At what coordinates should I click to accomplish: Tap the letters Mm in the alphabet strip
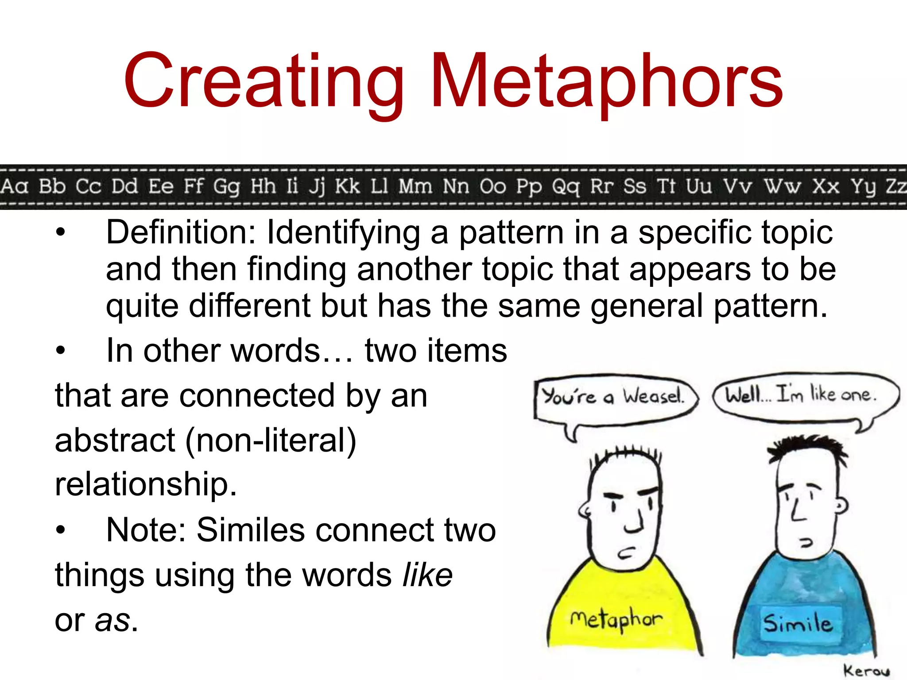point(415,186)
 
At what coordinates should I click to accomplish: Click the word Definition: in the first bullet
point(181,232)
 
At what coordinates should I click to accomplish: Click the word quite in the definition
point(142,306)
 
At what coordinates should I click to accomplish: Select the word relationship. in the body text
point(146,484)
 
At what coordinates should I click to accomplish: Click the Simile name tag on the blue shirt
point(798,623)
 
